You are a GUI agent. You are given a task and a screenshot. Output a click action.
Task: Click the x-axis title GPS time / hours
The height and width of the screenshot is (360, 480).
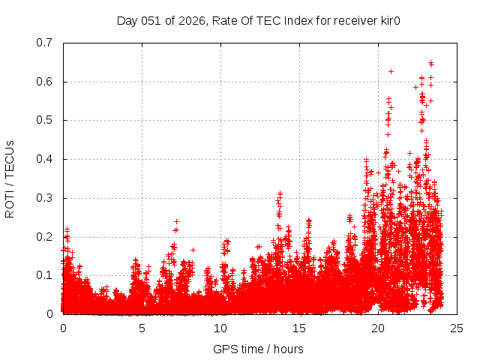(x=259, y=349)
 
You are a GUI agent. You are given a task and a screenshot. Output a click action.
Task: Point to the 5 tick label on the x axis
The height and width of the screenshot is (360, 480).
(x=142, y=328)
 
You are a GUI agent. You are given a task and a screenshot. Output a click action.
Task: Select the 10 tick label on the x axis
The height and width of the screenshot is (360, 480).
(x=220, y=328)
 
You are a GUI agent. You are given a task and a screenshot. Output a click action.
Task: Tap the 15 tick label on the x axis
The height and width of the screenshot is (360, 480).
(x=299, y=328)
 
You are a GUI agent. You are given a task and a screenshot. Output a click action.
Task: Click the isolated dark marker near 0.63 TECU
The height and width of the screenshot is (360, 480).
(x=391, y=71)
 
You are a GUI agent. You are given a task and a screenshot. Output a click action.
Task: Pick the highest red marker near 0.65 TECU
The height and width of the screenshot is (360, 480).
(x=430, y=63)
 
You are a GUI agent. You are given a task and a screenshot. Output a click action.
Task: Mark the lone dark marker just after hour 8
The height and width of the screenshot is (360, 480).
(x=193, y=250)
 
